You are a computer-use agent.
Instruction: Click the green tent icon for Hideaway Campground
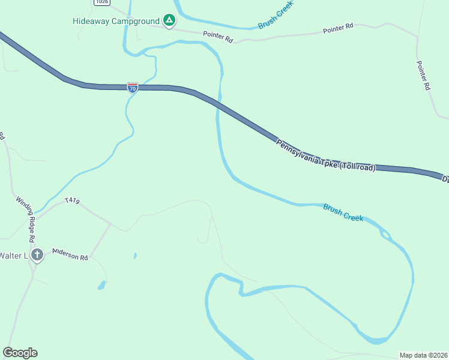point(170,21)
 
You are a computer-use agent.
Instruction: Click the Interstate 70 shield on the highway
point(133,88)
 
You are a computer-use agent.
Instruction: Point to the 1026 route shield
point(102,2)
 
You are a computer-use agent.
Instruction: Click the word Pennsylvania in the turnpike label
point(298,152)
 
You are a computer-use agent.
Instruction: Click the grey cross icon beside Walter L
point(37,256)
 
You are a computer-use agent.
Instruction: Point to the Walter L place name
point(13,256)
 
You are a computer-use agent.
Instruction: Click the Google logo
point(20,353)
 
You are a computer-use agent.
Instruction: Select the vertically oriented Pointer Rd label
point(423,75)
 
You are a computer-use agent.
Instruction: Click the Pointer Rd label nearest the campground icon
point(217,37)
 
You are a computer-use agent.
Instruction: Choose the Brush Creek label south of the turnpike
point(343,212)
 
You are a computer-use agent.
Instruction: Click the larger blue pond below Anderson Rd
point(102,285)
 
